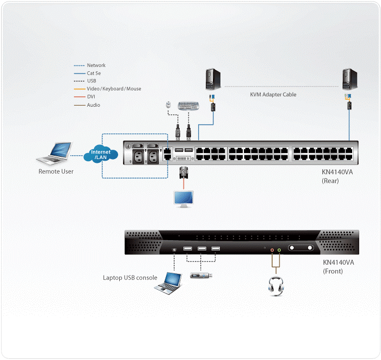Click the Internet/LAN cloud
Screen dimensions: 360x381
(x=101, y=155)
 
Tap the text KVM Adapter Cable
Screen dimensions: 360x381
(x=273, y=95)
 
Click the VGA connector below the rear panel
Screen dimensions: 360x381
(x=183, y=173)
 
